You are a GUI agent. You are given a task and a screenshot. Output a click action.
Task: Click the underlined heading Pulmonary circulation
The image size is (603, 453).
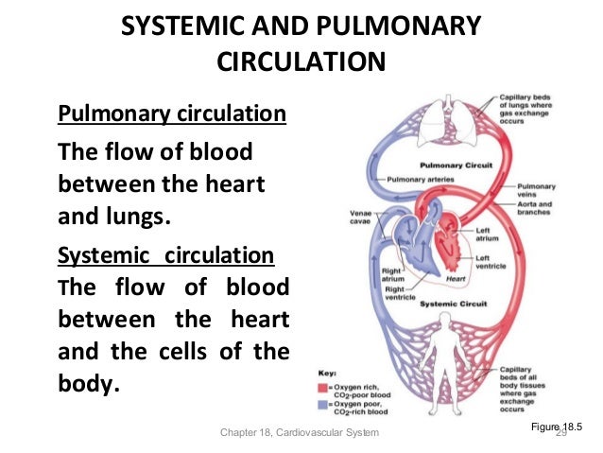pos(172,115)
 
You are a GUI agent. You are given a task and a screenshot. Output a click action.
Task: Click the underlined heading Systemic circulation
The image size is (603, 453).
pos(166,256)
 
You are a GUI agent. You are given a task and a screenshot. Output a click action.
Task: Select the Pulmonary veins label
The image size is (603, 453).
pos(539,190)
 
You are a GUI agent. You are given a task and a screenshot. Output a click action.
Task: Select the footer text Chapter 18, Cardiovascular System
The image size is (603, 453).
pos(299,433)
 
